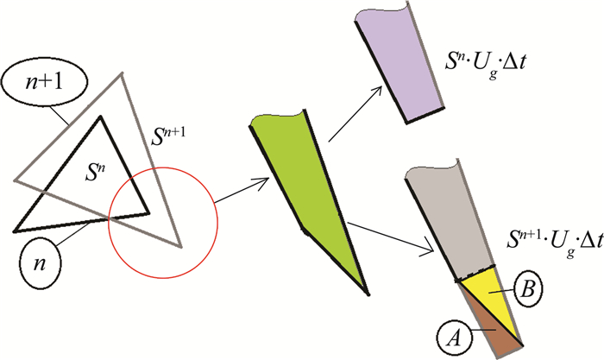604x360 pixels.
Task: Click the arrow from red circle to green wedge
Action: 241,193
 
